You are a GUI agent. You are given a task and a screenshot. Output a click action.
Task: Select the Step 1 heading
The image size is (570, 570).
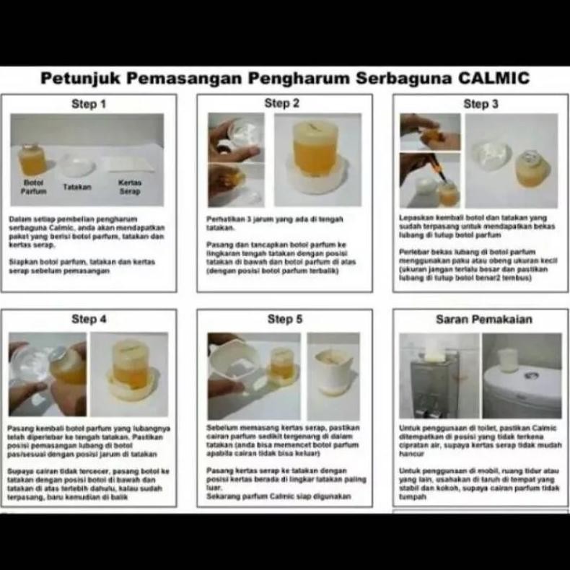click(x=89, y=104)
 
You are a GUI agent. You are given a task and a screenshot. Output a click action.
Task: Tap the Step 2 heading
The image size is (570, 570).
click(x=282, y=103)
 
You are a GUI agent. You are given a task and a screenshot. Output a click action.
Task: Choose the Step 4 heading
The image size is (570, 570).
click(x=89, y=319)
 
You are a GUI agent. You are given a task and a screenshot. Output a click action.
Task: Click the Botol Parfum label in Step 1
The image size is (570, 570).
click(x=34, y=188)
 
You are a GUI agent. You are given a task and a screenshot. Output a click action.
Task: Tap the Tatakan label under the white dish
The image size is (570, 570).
click(x=76, y=187)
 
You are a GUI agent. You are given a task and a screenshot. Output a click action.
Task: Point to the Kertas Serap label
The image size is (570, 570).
click(x=129, y=188)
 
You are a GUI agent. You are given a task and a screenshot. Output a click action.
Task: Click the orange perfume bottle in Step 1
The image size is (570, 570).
click(x=34, y=159)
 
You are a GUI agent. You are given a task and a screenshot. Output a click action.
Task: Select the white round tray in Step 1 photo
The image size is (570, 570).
click(x=76, y=166)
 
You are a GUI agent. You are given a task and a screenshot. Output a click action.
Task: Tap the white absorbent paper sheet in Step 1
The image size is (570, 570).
click(x=128, y=165)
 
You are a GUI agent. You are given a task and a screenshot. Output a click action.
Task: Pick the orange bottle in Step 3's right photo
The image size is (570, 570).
click(x=532, y=170)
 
